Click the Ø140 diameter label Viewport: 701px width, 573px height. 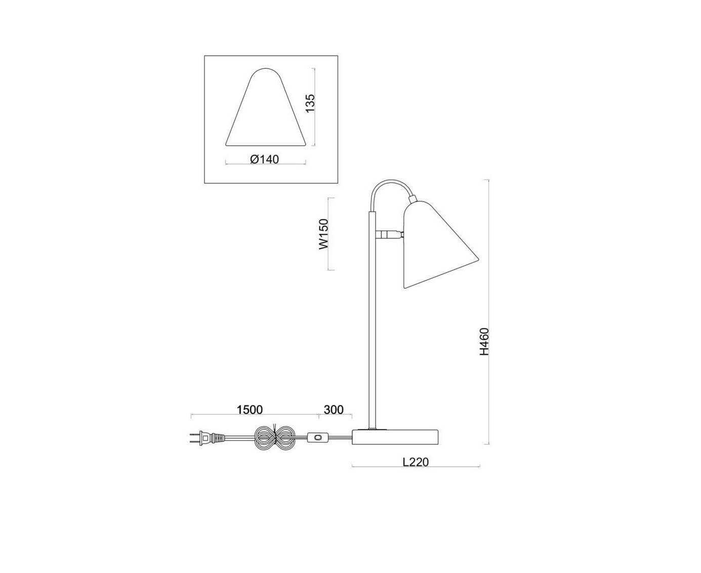click(265, 159)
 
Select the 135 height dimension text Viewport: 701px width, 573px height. click(310, 103)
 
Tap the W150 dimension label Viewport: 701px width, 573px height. click(323, 234)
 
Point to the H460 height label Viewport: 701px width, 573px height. click(484, 342)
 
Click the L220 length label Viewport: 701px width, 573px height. click(416, 462)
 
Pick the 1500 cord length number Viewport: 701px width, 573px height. click(250, 410)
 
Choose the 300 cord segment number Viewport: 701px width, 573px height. click(334, 410)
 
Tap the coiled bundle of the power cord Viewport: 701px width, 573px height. click(274, 438)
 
